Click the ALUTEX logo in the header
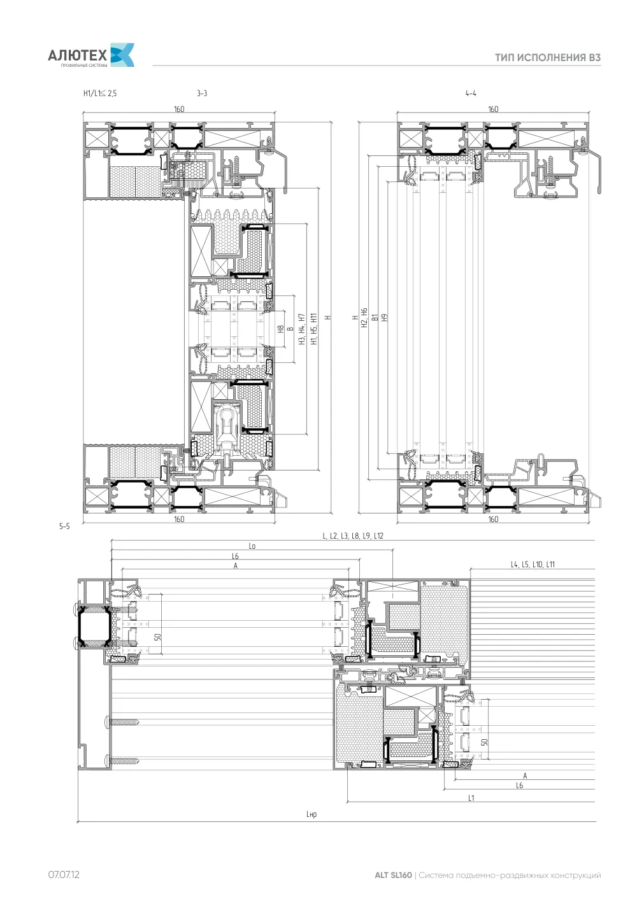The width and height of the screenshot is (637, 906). [x=91, y=55]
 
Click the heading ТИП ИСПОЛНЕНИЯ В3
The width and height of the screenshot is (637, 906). [x=548, y=57]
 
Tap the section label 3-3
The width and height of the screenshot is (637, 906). [x=202, y=94]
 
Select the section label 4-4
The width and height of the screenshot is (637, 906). [x=471, y=94]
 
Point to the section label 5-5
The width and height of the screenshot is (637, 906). [x=64, y=526]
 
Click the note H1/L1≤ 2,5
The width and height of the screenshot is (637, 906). [x=100, y=94]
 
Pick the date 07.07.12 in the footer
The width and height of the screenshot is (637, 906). [x=64, y=874]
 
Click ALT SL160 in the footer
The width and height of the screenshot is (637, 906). [x=393, y=875]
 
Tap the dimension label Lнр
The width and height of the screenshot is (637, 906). [x=311, y=814]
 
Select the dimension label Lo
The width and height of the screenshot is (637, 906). [x=252, y=546]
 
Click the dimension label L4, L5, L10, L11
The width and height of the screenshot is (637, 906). [x=533, y=564]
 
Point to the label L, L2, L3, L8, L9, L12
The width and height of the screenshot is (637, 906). [x=353, y=536]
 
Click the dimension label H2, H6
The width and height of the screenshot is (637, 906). [x=364, y=318]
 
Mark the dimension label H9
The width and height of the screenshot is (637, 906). [x=385, y=318]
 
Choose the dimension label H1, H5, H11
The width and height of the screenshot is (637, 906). [x=314, y=329]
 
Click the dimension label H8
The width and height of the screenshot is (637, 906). [x=281, y=329]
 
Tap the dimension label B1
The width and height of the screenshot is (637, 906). [x=375, y=318]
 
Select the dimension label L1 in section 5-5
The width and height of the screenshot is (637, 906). [x=471, y=798]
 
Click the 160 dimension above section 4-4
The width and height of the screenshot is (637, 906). [x=493, y=110]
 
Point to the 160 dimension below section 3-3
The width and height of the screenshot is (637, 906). [x=179, y=519]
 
